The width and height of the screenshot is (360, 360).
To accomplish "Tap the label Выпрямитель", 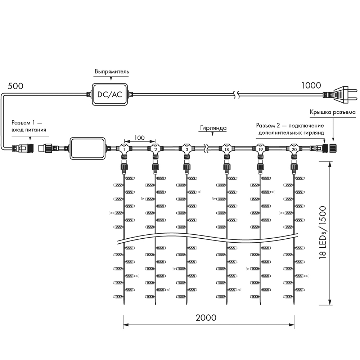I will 112,71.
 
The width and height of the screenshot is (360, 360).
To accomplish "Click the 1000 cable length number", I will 311,85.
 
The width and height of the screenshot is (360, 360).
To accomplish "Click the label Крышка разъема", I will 333,112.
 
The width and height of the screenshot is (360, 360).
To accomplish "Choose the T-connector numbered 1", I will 124,149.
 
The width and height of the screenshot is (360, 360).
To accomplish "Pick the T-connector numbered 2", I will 155,149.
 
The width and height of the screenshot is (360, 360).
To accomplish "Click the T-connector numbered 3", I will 187,149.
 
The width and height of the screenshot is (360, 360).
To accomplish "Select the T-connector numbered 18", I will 226,149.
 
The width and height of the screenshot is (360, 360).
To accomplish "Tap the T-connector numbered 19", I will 260,149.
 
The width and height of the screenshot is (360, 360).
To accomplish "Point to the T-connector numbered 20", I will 294,149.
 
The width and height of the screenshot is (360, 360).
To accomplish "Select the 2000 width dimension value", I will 206,318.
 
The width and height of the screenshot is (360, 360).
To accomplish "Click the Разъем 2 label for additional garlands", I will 290,129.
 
